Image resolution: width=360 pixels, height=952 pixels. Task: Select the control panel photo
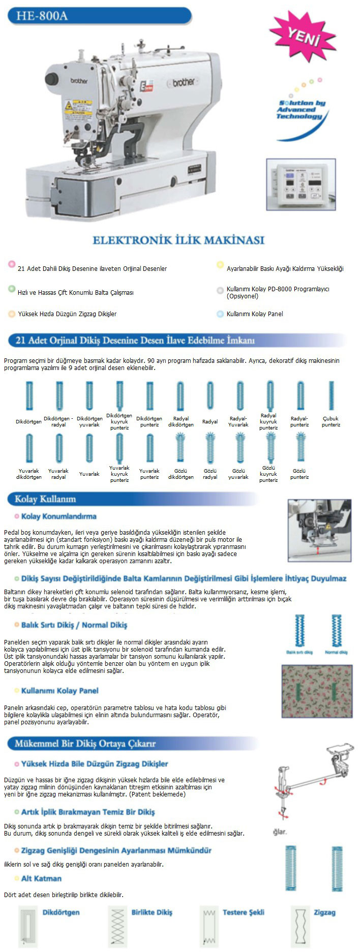coord(301,184)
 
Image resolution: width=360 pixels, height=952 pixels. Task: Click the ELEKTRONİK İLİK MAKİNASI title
coord(178,240)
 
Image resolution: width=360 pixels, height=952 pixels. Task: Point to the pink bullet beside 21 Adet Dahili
coord(11,264)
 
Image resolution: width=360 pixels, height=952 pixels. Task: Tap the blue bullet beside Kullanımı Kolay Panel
coord(220,314)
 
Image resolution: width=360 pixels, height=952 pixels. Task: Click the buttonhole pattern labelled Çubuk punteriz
coord(331,396)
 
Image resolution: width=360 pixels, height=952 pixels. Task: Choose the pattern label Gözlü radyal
coord(210,474)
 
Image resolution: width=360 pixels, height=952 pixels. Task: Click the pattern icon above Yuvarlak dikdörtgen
coord(29,448)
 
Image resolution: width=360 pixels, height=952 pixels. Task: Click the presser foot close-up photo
coord(319,530)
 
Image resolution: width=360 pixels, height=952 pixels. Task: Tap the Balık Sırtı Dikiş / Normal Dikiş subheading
coord(74,625)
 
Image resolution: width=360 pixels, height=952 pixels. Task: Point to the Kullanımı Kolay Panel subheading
coord(59,691)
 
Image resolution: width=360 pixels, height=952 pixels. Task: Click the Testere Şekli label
coord(243,912)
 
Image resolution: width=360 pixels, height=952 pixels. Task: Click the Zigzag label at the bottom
coord(324,912)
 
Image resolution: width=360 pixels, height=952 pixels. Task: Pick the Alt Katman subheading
coord(41,878)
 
